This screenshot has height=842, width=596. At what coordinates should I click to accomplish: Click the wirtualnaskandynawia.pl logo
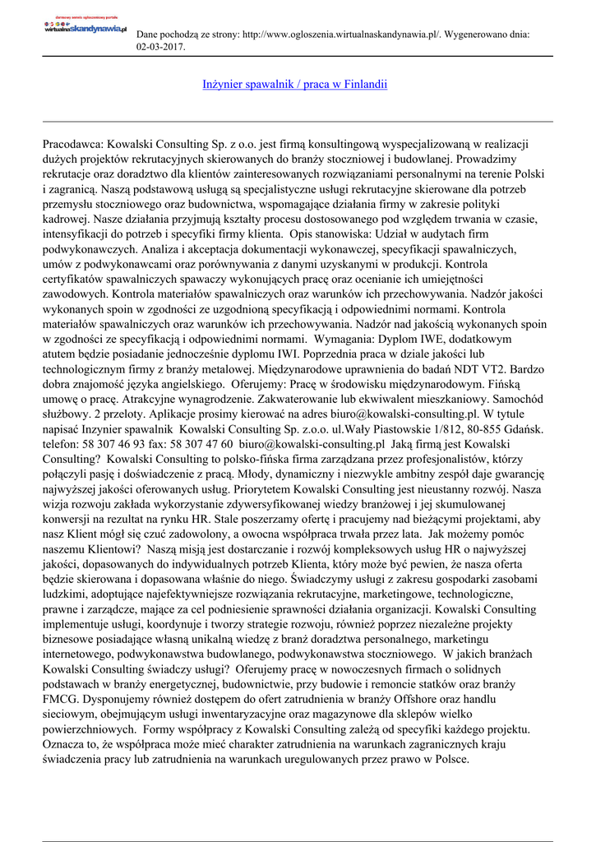[85, 27]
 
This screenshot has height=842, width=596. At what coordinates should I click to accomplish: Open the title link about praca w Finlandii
[294, 85]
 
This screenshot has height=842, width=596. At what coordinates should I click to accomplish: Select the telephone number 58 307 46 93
[118, 445]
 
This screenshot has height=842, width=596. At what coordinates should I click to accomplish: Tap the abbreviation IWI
[307, 354]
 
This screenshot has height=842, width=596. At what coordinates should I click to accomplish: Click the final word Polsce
[447, 759]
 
